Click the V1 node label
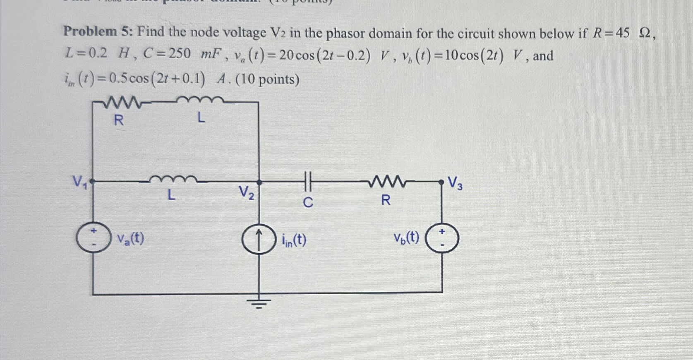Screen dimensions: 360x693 [80, 182]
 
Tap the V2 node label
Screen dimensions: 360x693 [247, 192]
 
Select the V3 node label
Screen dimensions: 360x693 [455, 183]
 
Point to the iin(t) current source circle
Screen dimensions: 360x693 [259, 240]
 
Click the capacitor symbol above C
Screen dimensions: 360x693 [307, 181]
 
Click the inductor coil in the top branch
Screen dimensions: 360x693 [200, 100]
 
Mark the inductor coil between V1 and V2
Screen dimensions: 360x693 [173, 179]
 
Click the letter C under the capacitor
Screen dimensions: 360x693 [308, 202]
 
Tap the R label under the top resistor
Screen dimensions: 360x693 [119, 120]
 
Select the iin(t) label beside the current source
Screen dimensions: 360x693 [294, 240]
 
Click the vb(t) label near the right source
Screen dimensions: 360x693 [406, 238]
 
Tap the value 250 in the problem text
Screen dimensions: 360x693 [178, 53]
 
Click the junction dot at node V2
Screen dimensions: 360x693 [259, 182]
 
